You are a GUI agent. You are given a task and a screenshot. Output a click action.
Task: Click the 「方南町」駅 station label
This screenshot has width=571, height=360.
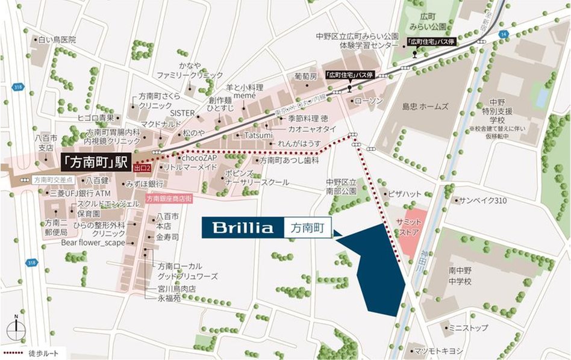click(96, 163)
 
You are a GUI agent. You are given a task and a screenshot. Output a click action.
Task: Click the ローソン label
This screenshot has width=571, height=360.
click(369, 101)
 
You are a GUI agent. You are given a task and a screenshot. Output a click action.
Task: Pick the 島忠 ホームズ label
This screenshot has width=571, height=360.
click(425, 107)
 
